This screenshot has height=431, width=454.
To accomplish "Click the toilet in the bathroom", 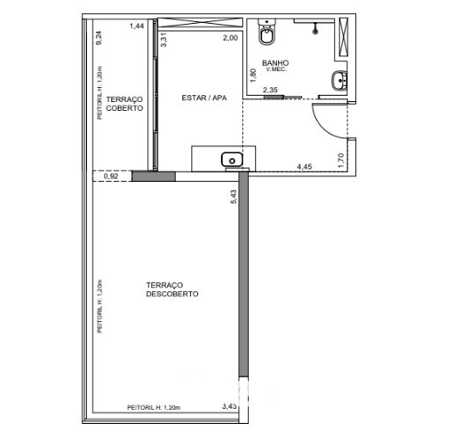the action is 267,32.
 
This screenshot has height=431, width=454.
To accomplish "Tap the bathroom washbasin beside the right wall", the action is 340,80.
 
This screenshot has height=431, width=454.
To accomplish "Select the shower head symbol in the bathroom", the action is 315,29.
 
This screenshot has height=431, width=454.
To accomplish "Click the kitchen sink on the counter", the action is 231,160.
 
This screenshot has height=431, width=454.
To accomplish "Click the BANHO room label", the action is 275,62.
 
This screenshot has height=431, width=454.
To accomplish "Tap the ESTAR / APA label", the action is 204,98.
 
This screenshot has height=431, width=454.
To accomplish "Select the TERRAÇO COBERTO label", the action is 124,104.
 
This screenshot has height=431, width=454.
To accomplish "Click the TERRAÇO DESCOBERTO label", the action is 172,289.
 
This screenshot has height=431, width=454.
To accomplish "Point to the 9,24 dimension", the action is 99,38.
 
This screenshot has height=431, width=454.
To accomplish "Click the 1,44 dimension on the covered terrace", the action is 136,26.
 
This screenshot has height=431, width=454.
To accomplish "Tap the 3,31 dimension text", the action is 164,40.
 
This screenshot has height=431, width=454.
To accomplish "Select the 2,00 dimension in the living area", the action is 231,38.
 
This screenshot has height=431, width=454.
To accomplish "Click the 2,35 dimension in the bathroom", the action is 270,90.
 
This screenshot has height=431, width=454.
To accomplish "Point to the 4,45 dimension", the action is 304,166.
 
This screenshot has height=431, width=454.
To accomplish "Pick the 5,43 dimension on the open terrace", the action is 233,197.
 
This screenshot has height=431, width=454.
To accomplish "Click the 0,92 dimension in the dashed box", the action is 111,176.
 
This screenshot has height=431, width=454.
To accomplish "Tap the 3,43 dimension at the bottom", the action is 230,406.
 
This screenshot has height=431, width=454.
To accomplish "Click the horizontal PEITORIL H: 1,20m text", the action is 154,407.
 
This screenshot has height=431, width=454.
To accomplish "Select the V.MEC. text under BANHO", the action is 276,69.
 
